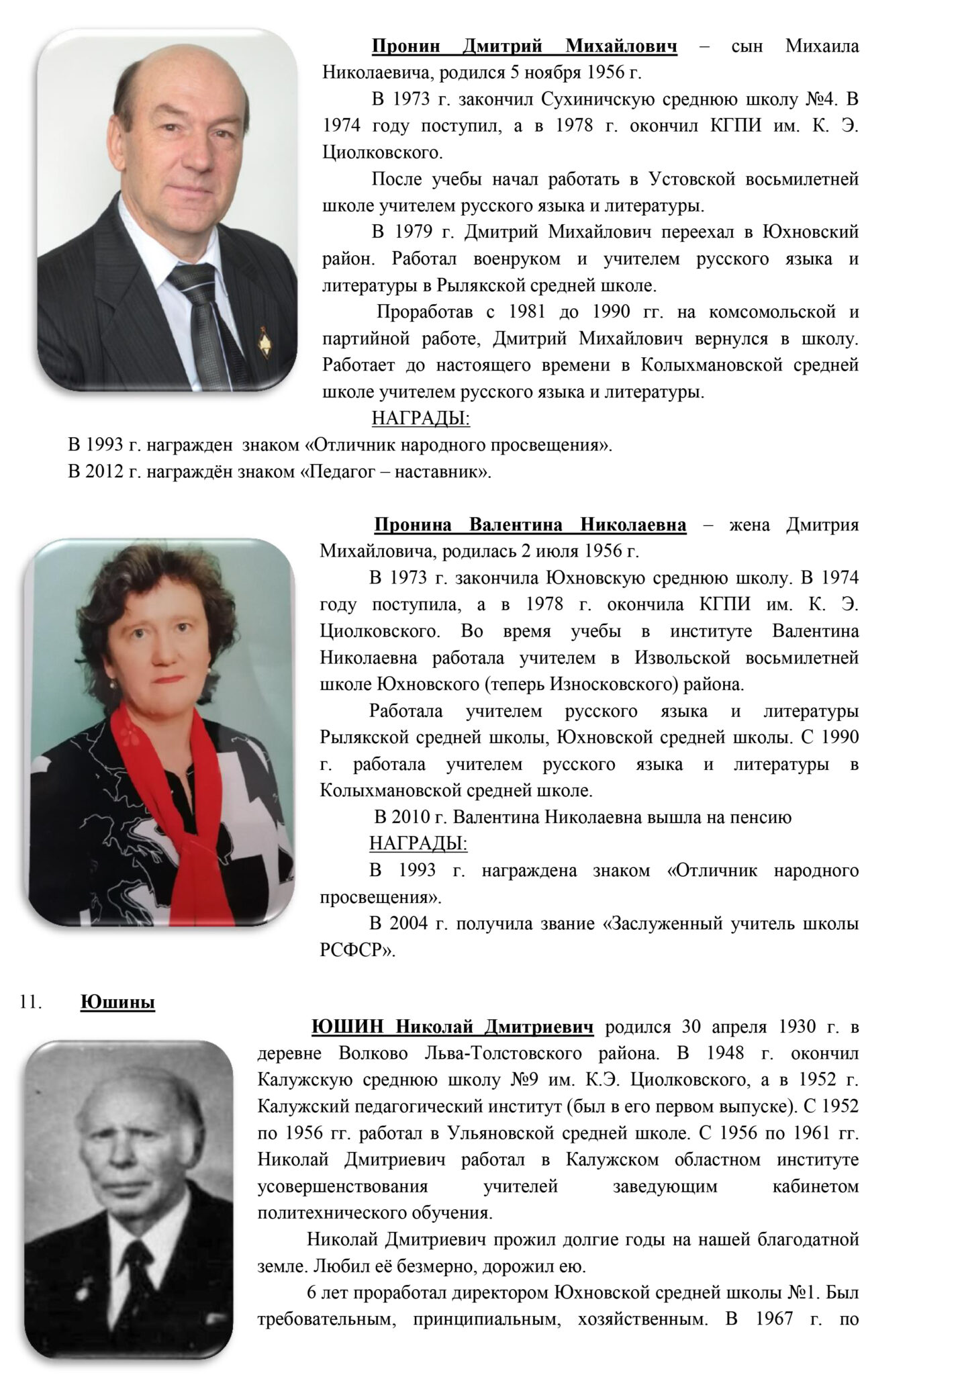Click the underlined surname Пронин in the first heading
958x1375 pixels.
(406, 47)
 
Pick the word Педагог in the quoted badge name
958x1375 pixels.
(340, 471)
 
